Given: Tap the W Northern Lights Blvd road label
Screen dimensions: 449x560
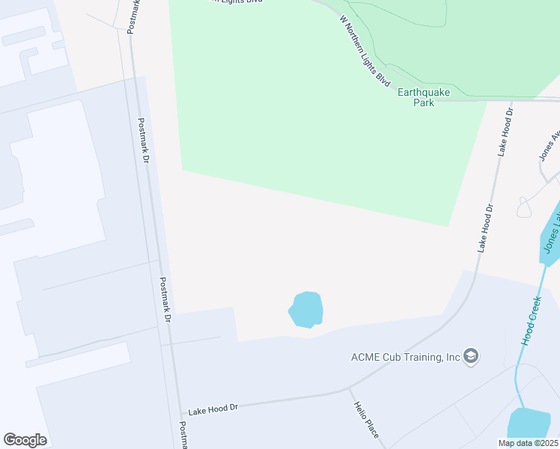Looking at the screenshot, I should point(365,51).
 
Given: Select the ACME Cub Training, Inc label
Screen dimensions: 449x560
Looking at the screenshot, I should point(405,356).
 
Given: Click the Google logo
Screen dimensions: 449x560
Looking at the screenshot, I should point(25,440).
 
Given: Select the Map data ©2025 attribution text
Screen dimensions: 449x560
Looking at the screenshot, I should point(528,443).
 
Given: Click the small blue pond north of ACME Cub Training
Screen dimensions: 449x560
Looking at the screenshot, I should point(306,309).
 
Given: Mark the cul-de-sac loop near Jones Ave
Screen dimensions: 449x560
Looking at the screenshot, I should point(524,207).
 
